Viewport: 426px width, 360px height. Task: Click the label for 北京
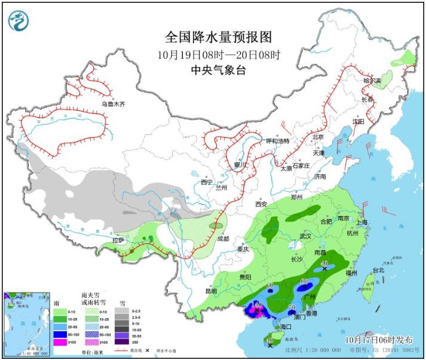[317, 137]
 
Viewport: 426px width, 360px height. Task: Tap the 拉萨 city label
[118, 240]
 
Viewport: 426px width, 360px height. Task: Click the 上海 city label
[361, 222]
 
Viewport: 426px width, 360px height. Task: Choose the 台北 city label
[379, 270]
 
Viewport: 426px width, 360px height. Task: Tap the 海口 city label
[285, 327]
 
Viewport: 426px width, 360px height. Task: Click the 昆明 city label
[212, 291]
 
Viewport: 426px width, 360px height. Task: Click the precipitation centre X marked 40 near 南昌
[324, 269]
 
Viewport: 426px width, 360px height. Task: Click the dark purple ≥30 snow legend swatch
[122, 342]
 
